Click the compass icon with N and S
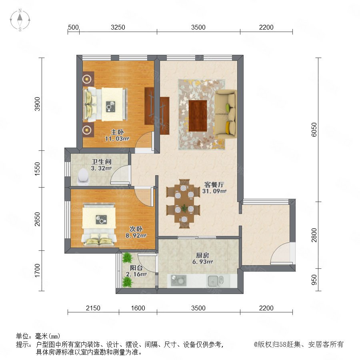(20, 20)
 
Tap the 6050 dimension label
(314, 130)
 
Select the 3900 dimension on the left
(37, 104)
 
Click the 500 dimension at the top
(74, 27)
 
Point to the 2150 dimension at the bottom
(93, 308)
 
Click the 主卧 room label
(117, 132)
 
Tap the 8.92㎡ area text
(136, 235)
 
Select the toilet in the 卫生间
(83, 177)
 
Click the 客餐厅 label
(214, 184)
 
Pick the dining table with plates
(184, 204)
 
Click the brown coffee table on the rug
(198, 116)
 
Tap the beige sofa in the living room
(226, 114)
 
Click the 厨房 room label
(202, 255)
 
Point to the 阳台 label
(136, 268)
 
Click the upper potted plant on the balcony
(127, 258)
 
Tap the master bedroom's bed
(105, 104)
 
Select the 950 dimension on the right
(314, 280)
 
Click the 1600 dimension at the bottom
(138, 308)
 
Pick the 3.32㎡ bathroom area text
(101, 168)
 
